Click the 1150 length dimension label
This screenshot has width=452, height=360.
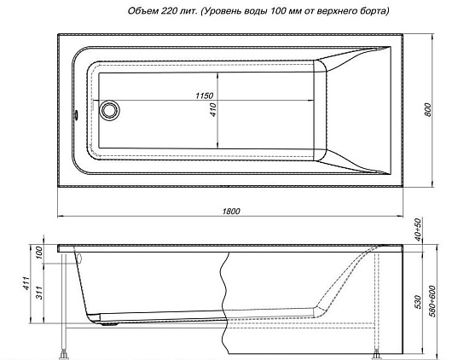tap(205, 96)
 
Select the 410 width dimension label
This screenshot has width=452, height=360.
tap(213, 109)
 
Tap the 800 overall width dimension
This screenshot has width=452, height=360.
tap(428, 109)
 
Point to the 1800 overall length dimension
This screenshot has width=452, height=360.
tap(231, 212)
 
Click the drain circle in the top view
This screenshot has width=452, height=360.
tap(109, 110)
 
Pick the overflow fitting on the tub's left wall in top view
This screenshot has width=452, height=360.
tap(77, 114)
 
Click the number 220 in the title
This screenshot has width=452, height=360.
tap(167, 11)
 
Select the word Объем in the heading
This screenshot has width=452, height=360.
tap(143, 11)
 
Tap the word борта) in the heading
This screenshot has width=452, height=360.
tap(374, 11)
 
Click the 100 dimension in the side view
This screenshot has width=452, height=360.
tap(39, 253)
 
